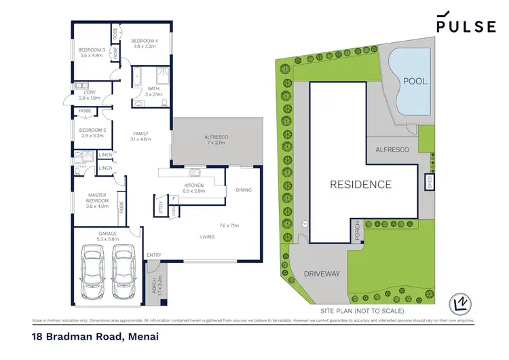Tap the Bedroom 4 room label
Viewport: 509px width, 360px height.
point(145,43)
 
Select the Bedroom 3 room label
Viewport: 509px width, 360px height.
point(91,53)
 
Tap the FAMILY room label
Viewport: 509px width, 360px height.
point(140,136)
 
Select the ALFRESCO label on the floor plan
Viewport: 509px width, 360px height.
point(216,140)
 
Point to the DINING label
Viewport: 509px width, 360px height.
point(244,190)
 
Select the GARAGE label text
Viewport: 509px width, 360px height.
point(107,236)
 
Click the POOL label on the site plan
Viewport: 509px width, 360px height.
point(415,81)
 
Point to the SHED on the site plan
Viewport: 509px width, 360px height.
point(428,181)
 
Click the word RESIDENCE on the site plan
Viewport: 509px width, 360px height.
point(360,184)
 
